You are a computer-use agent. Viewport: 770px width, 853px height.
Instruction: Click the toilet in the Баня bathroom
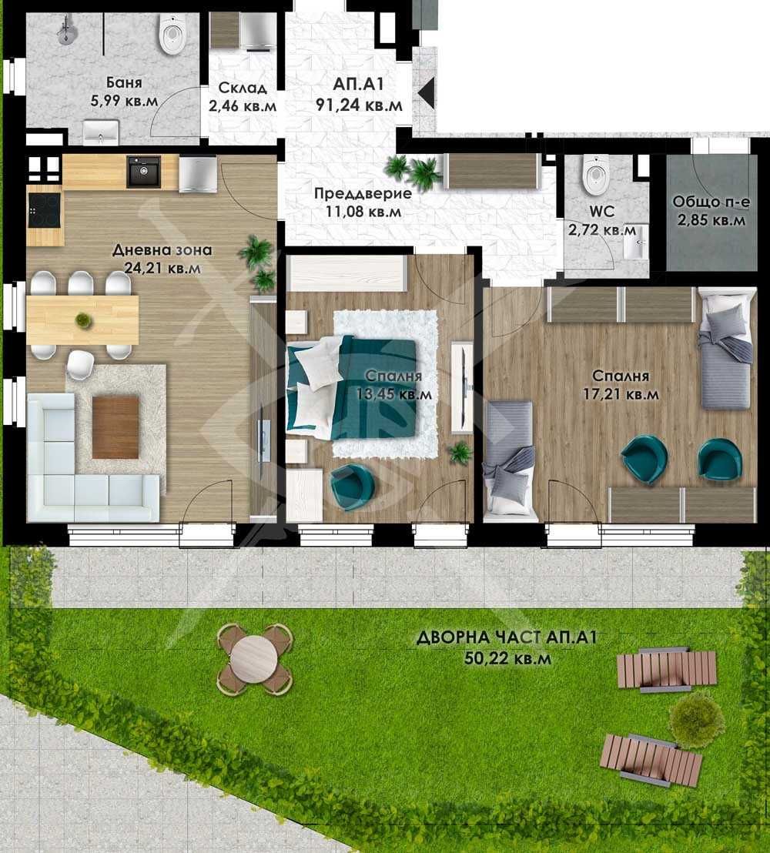[x=172, y=35]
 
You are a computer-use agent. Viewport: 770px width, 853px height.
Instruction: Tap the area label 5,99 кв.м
[x=125, y=99]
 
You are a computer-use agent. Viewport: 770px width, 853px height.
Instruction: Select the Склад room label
[x=232, y=86]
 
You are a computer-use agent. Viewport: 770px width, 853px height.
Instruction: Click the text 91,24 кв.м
[x=359, y=104]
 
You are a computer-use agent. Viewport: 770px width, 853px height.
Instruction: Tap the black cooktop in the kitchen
[x=44, y=209]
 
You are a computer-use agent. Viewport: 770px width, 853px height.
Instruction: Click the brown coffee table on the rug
[x=115, y=426]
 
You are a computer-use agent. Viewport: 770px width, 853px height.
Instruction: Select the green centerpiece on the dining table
[x=82, y=319]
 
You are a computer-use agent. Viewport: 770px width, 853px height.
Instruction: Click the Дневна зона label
[x=162, y=250]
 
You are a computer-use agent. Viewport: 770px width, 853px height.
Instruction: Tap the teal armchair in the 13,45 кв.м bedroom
[x=353, y=486]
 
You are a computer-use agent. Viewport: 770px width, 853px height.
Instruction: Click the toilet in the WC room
[x=595, y=175]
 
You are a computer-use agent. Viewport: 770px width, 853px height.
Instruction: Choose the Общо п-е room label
[x=709, y=202]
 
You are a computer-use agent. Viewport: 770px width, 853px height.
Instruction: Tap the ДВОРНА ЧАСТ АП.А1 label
[x=507, y=638]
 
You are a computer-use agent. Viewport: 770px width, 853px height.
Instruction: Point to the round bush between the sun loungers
[x=696, y=715]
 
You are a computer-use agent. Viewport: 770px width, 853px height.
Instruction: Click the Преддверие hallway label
[x=362, y=194]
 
